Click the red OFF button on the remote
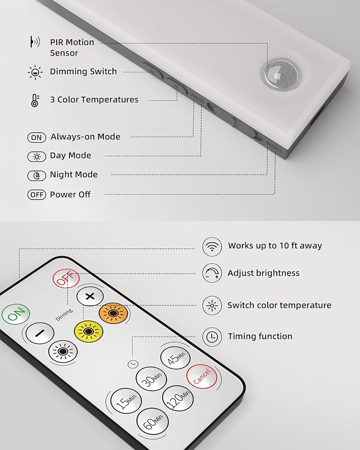(66, 278)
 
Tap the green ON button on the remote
(16, 314)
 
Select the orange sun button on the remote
(113, 313)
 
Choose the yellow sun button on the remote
(89, 331)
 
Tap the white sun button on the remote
(63, 351)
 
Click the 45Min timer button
(175, 358)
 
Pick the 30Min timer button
(151, 378)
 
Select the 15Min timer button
(126, 401)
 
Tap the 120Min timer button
(178, 398)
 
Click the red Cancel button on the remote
(201, 376)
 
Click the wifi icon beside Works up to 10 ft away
(212, 246)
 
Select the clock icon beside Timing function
(212, 337)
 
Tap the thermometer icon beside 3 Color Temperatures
(35, 101)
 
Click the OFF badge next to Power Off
(37, 195)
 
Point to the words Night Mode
(74, 174)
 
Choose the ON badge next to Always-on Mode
(37, 137)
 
